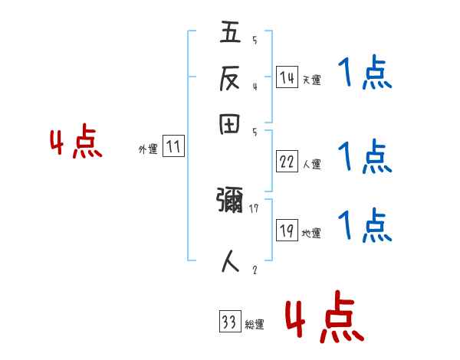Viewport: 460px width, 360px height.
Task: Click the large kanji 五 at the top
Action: point(230,34)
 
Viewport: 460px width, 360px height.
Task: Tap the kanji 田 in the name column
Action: point(230,125)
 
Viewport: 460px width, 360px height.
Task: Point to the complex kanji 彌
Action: point(230,203)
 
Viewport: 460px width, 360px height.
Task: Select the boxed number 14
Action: point(287,77)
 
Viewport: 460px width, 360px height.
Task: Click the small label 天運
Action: point(311,79)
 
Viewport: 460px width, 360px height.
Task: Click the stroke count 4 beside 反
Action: point(254,86)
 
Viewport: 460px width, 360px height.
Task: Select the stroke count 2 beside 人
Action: point(254,269)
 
